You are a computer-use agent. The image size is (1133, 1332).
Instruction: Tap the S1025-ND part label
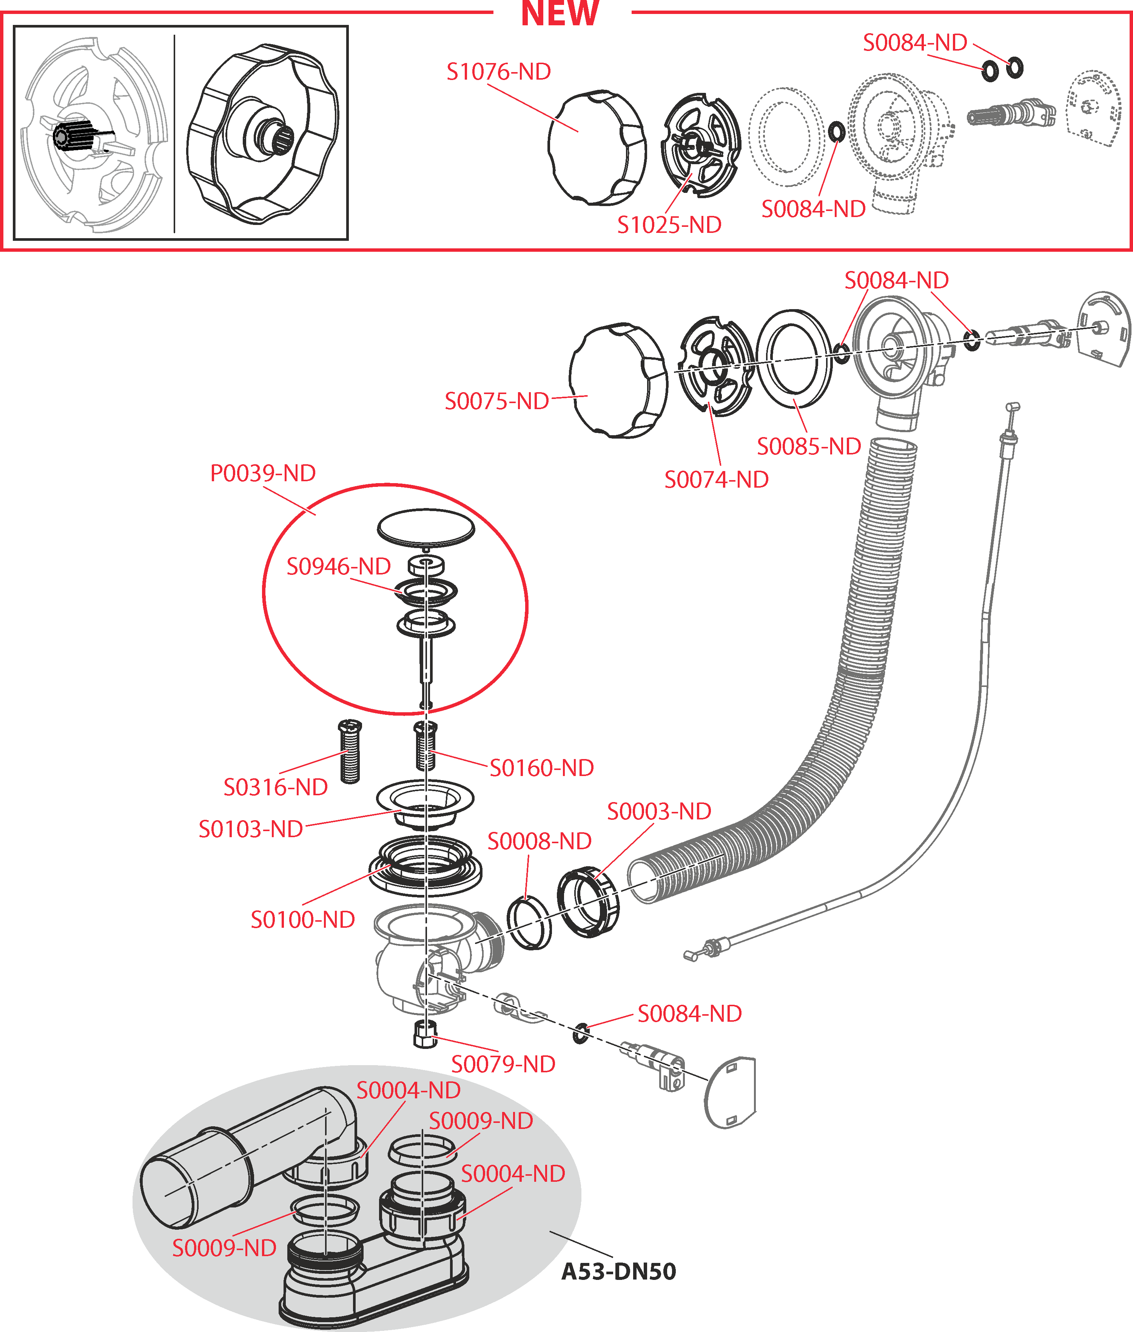pos(669,225)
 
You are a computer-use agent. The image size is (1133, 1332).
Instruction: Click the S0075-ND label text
pos(496,401)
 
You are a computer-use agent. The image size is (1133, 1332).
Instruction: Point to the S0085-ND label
pos(809,447)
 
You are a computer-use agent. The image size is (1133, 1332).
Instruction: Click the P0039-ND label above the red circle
pos(263,473)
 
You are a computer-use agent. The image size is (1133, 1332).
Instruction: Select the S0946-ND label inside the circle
pos(339,567)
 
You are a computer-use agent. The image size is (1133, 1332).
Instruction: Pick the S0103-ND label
pos(250,829)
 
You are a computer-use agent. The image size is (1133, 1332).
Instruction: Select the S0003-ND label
pos(659,811)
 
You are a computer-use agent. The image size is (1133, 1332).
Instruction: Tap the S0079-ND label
pos(503,1064)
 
